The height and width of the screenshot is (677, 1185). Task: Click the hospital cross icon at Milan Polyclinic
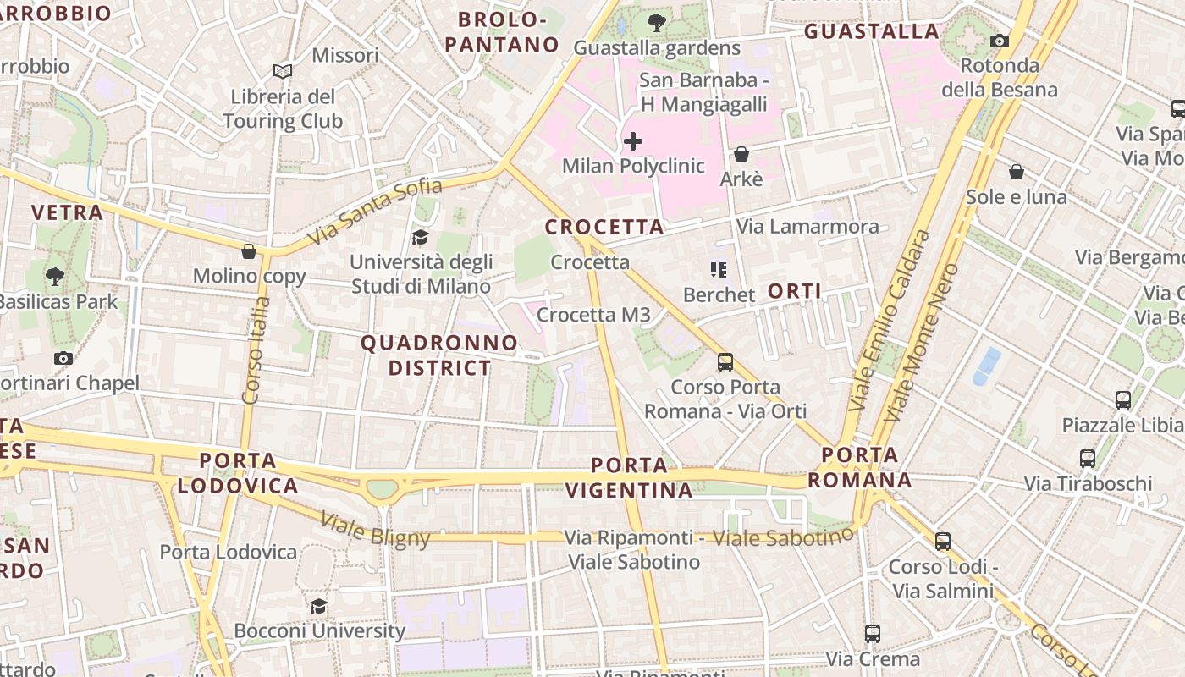632,141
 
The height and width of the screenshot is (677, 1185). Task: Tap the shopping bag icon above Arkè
741,154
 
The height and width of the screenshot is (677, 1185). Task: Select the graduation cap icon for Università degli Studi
421,237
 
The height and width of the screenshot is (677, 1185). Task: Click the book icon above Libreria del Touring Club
282,72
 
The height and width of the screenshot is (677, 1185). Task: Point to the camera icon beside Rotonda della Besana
1000,41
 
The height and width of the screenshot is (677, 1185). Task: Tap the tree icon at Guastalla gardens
656,23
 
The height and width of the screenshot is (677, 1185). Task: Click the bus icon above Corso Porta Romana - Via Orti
725,362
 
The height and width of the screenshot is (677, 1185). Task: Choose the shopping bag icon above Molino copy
249,251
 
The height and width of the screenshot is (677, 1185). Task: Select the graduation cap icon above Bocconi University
319,606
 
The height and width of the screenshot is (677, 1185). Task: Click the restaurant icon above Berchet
719,270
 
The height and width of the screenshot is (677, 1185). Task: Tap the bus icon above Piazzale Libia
1123,400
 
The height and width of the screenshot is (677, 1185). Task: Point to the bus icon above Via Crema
873,633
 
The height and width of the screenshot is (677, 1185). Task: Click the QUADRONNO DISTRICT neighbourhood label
439,355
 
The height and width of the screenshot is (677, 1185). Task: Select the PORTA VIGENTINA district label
629,477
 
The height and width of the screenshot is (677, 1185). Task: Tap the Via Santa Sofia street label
375,211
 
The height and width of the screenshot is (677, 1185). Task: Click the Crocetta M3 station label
593,315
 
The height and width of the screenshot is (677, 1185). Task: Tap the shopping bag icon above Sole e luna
1017,172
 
